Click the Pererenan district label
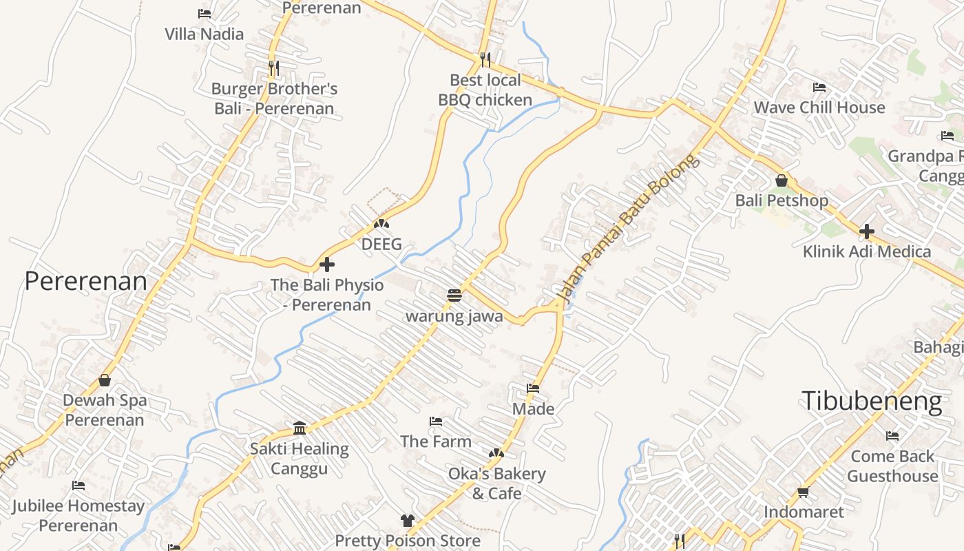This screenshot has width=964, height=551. tap(86, 281)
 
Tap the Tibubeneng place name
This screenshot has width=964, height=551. tap(872, 400)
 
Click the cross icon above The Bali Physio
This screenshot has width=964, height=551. tap(327, 264)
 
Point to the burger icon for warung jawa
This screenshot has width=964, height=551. tap(454, 296)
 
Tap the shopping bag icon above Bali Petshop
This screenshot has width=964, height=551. tap(782, 180)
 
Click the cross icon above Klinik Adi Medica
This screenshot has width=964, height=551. tap(867, 231)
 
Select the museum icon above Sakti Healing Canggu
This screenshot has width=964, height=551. tap(300, 428)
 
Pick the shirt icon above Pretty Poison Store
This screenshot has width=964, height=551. tap(408, 521)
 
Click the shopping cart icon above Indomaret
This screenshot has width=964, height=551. tap(803, 492)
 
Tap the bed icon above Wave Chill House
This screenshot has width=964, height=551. tap(819, 87)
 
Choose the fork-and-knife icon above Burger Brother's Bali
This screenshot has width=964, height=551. tap(274, 68)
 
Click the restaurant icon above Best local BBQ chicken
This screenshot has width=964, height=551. tap(485, 60)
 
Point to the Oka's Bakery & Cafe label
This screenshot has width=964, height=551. tap(496, 484)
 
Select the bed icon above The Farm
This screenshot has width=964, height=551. tap(436, 421)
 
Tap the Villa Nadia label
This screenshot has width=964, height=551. tap(204, 34)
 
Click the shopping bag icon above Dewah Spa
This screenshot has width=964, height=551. tap(105, 380)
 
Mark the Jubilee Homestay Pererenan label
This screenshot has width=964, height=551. tap(78, 516)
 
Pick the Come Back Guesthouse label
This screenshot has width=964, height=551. tap(892, 466)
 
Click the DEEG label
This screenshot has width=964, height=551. tap(381, 244)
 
